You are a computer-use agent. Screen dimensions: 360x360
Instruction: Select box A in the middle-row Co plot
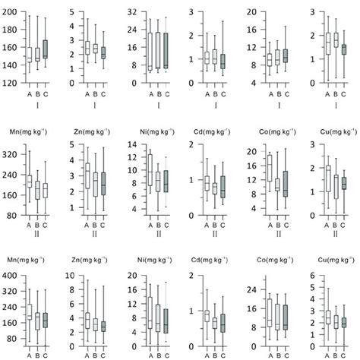pyautogui.click(x=269, y=167)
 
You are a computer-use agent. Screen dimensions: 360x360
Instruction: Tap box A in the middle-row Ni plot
pyautogui.click(x=150, y=171)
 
